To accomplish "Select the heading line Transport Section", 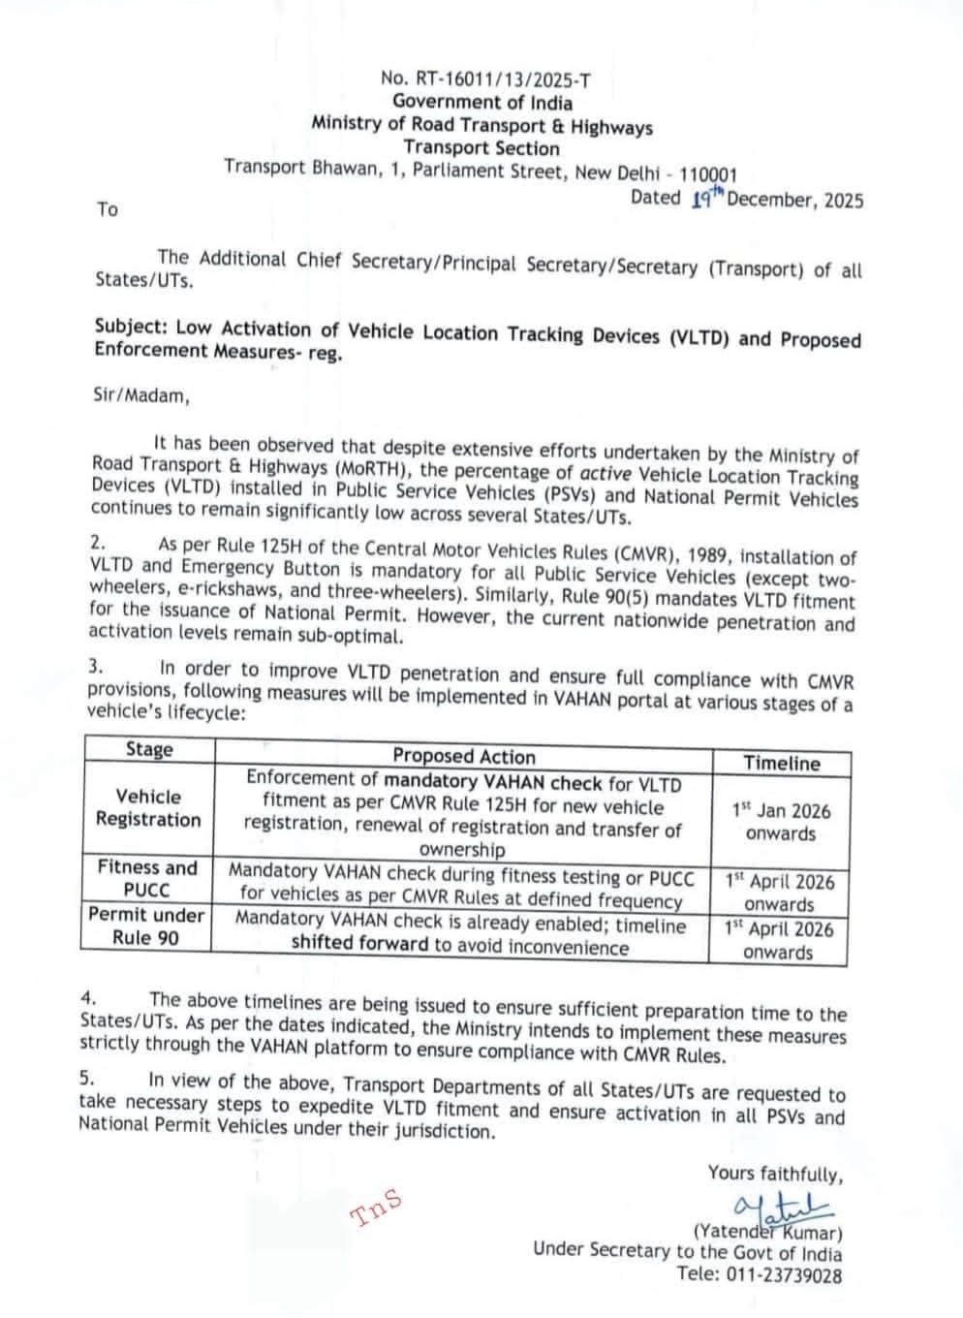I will (x=481, y=148).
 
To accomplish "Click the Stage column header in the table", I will (x=149, y=750).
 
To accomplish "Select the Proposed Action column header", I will (x=463, y=757).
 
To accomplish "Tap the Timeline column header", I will (x=781, y=763).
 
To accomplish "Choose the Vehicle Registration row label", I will (x=148, y=808).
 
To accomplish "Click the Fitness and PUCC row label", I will (x=147, y=879).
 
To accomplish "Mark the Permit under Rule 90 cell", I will (x=146, y=926).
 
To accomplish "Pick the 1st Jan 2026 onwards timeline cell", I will (x=781, y=823).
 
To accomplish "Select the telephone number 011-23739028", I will (x=788, y=1276).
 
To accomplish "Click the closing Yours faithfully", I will (x=775, y=1174).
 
